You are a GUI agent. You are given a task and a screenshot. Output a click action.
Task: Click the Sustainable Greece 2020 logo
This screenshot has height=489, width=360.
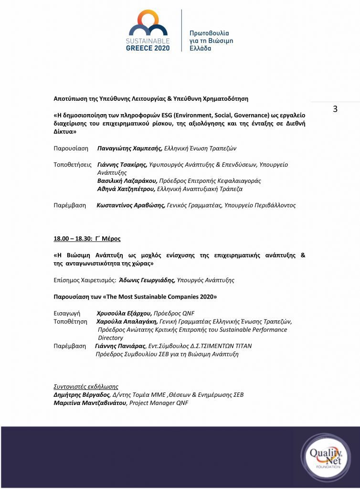click(147, 30)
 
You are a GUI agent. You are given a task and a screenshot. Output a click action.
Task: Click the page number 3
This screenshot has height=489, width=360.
click(335, 109)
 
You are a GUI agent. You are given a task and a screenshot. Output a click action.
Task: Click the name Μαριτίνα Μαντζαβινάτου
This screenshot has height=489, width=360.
click(90, 403)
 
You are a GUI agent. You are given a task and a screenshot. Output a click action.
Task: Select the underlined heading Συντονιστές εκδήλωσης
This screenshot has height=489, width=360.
click(86, 386)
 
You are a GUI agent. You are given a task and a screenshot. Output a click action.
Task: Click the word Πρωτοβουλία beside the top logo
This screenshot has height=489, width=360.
click(209, 33)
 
